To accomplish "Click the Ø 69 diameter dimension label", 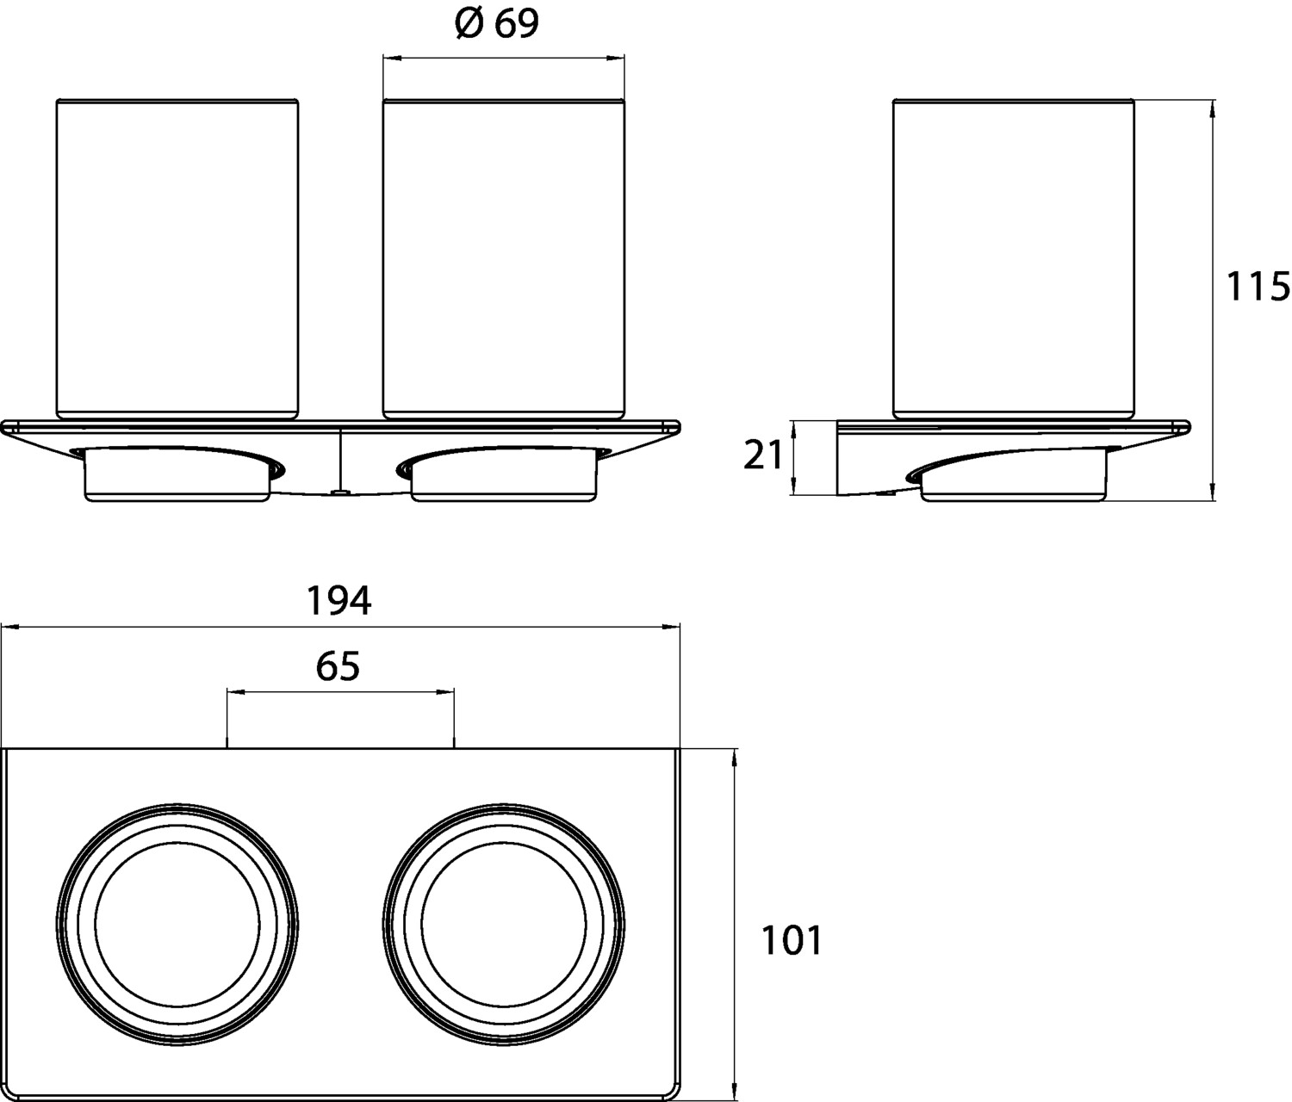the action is [x=498, y=26].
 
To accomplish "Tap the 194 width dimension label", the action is [x=339, y=600].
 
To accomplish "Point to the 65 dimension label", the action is [x=339, y=666].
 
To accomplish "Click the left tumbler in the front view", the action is [x=177, y=258].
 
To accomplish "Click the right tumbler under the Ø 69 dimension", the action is [x=504, y=258].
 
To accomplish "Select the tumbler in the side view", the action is [x=1013, y=258].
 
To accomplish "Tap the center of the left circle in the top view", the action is [x=177, y=925].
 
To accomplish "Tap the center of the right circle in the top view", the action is [x=504, y=925].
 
